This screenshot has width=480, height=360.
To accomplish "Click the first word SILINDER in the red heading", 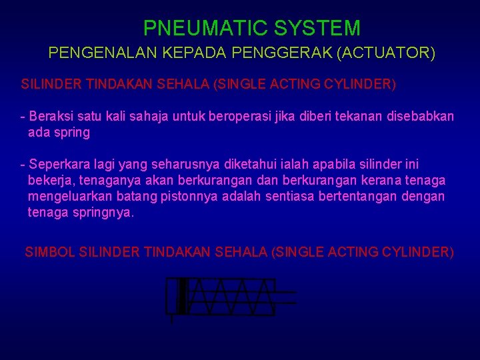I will [49, 85].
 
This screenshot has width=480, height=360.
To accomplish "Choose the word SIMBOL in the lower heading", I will [49, 252].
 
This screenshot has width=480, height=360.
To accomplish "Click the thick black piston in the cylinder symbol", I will [182, 296].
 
